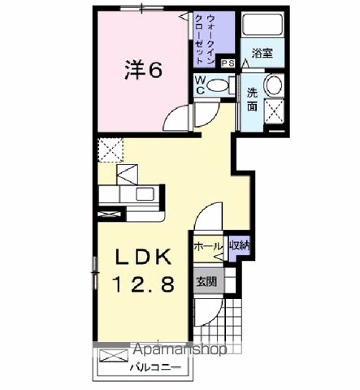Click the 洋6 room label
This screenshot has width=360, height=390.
pos(143,71)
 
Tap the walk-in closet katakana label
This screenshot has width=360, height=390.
pos(210,38)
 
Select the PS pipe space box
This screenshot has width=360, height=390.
pos(228,63)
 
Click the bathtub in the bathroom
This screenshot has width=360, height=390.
pos(261,29)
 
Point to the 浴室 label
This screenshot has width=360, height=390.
pos(262,54)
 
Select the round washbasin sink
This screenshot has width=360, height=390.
pos(273,84)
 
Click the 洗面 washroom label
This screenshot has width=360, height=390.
pos(253,98)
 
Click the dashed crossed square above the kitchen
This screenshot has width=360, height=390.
pos(110,148)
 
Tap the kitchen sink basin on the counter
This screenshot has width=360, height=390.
pos(147,194)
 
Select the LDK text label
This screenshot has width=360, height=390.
pos(143,257)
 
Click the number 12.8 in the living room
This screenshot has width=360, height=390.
pos(143,284)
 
